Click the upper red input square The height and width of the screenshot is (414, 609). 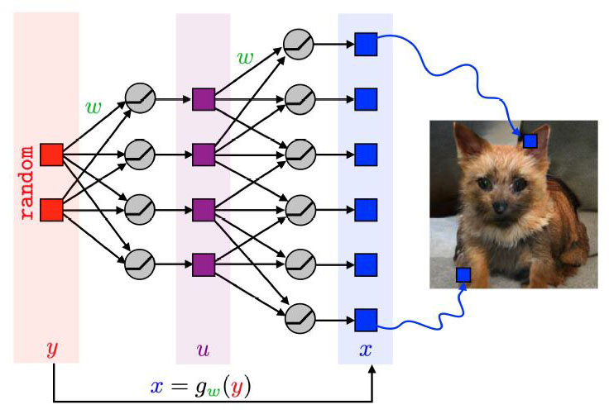point(51,155)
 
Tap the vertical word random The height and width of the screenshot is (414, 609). point(28,183)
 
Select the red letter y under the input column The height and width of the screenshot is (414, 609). point(51,350)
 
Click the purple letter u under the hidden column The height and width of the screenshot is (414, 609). point(203,350)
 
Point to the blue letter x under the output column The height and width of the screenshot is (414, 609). point(365,350)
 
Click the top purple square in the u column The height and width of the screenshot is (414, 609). point(204,100)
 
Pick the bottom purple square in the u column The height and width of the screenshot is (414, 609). point(204,264)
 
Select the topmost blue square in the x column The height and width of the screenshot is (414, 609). point(366,44)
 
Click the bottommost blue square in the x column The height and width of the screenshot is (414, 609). point(366,319)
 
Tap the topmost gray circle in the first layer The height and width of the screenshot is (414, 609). point(139,99)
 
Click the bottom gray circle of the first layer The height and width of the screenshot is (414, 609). point(139,264)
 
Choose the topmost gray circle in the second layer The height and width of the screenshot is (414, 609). point(299,44)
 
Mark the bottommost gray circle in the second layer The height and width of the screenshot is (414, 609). point(299,319)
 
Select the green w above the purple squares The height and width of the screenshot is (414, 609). point(246,58)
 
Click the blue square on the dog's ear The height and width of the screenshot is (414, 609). point(530,140)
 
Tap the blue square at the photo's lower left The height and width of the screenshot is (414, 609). point(463,274)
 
